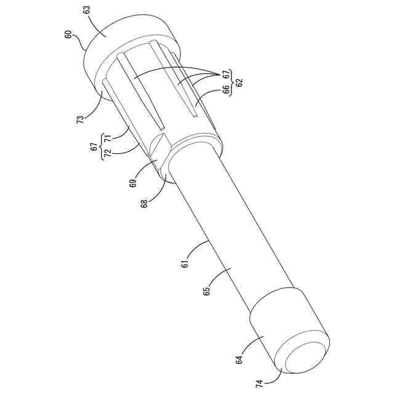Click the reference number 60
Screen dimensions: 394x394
(68, 34)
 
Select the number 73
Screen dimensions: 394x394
(80, 119)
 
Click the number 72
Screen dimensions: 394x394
(108, 153)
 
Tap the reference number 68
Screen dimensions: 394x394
(144, 203)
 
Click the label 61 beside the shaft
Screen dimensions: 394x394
(185, 264)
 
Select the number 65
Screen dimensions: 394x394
(207, 291)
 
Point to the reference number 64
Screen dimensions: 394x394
(239, 360)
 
